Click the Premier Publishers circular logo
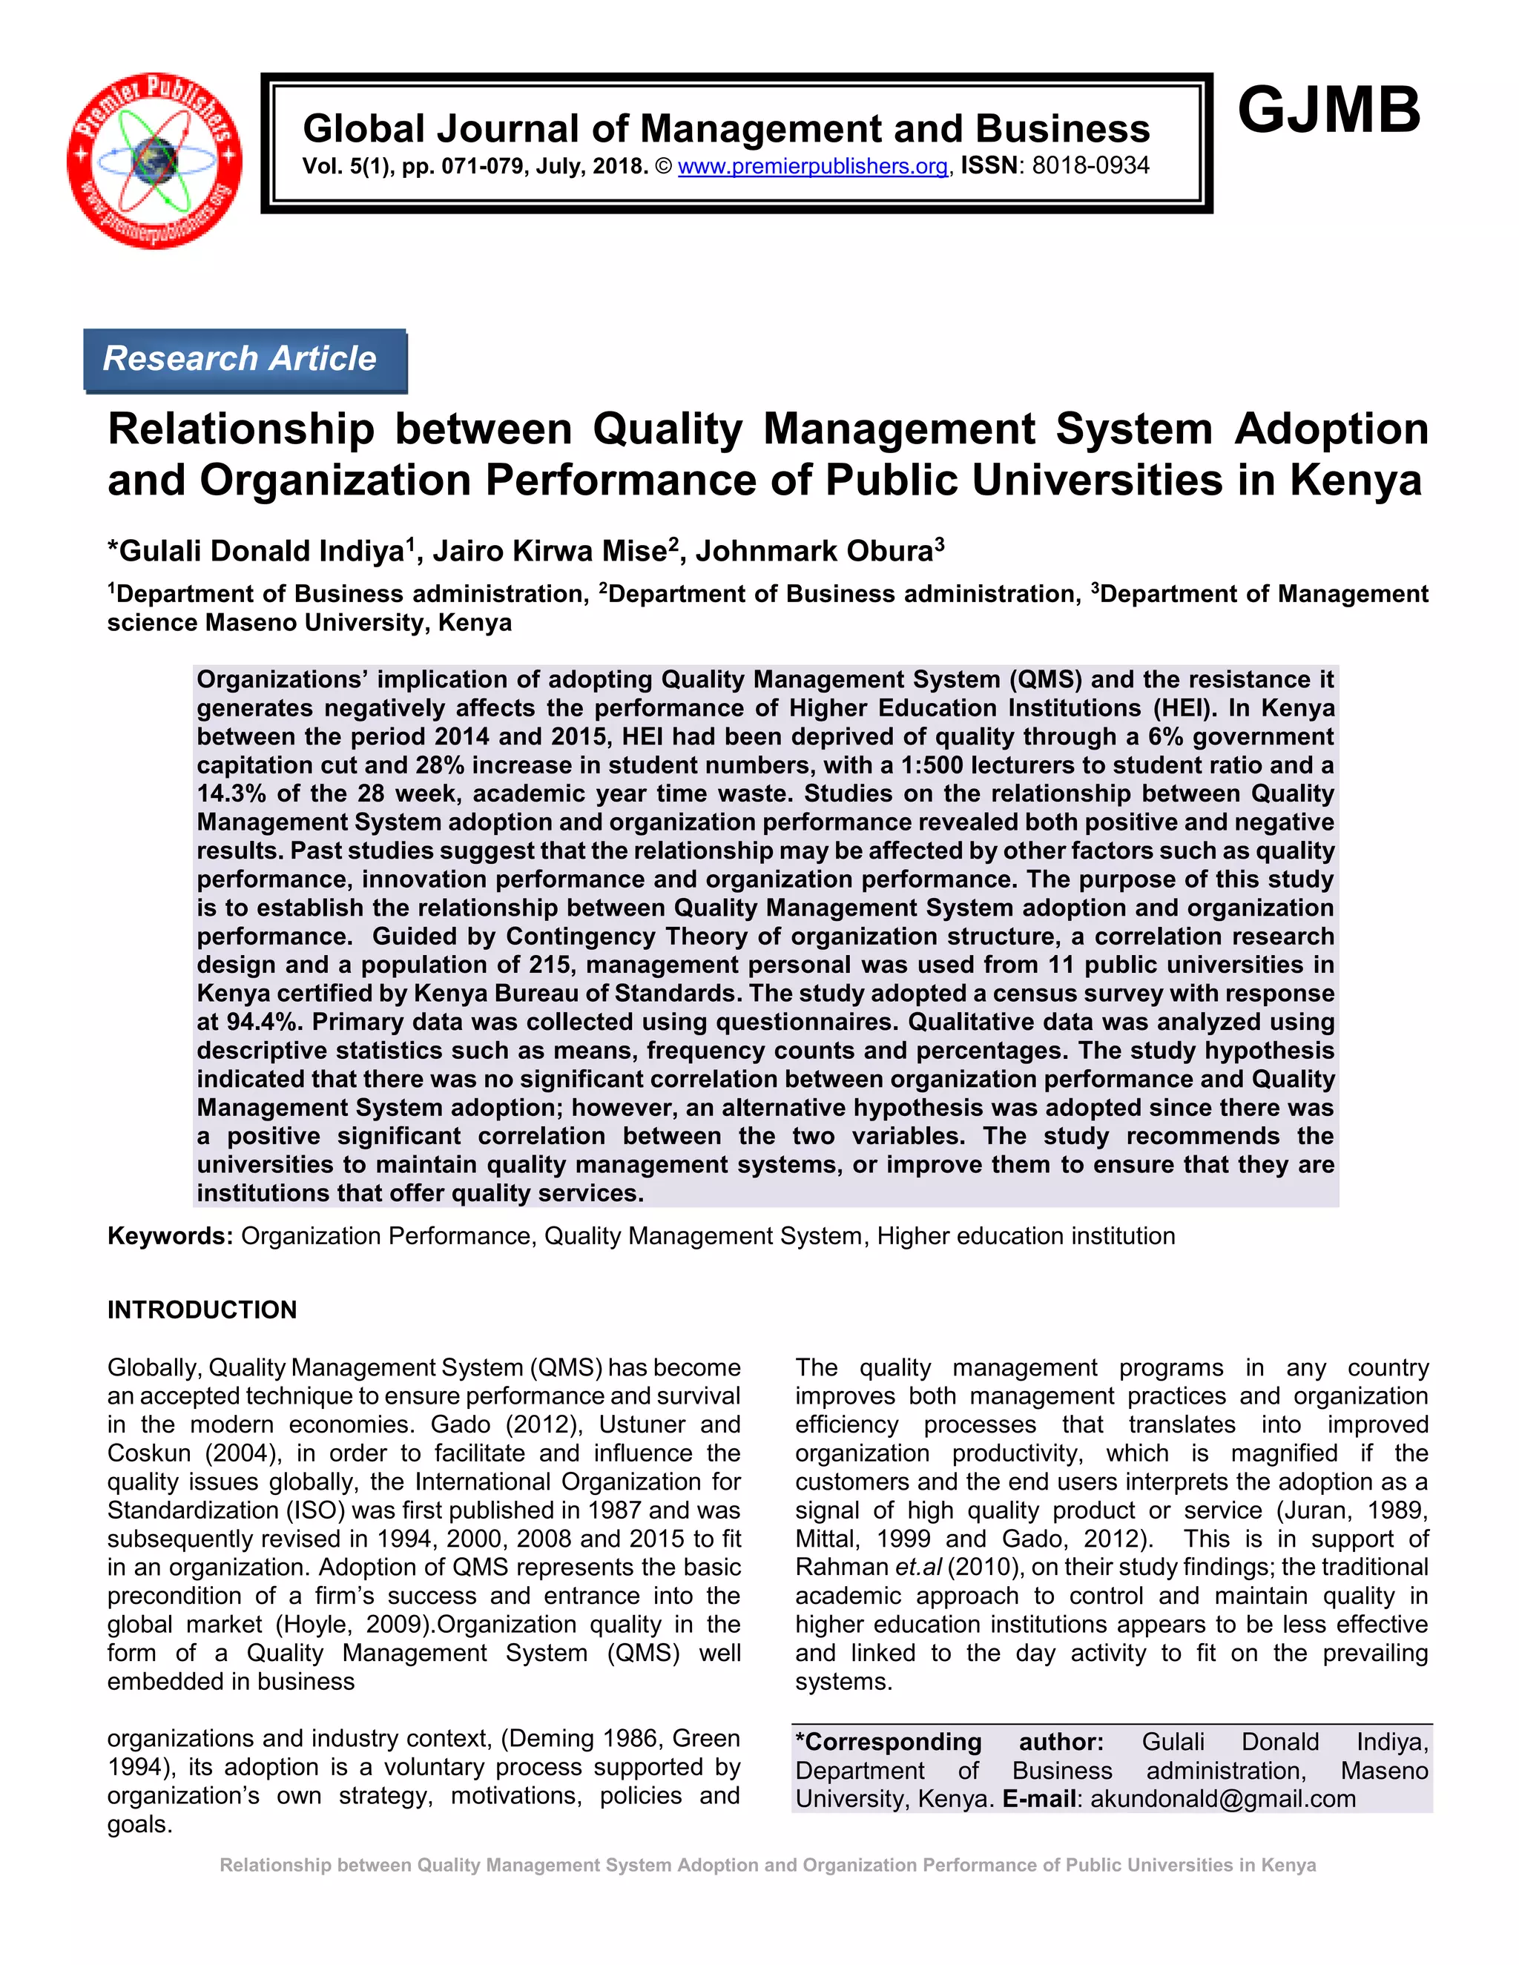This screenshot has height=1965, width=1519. click(x=155, y=160)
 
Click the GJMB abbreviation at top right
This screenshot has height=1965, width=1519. click(x=1328, y=110)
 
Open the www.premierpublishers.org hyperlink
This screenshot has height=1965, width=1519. click(x=813, y=166)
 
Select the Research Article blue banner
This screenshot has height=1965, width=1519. click(x=244, y=359)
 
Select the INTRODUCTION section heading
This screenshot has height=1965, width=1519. click(x=202, y=1309)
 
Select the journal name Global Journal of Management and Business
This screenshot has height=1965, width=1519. click(x=726, y=129)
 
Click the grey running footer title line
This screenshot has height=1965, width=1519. click(x=768, y=1865)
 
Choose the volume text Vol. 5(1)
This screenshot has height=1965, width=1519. click(x=345, y=166)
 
